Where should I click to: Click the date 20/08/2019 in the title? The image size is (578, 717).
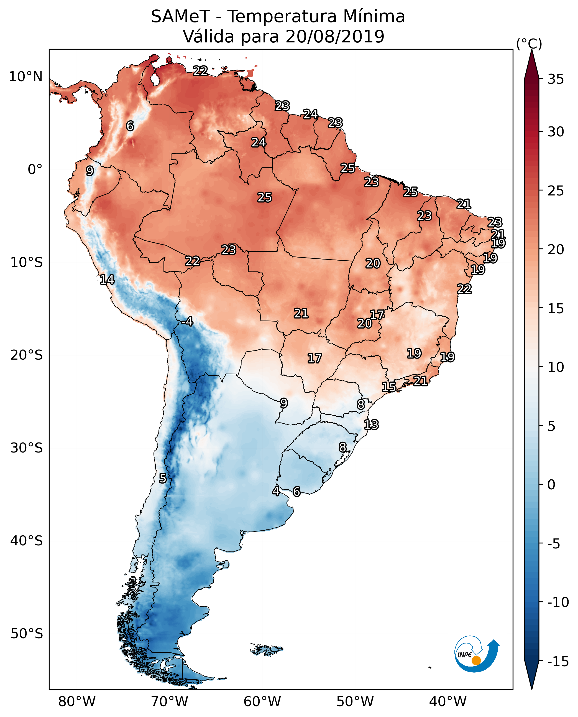(335, 37)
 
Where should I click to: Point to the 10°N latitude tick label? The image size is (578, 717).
(26, 77)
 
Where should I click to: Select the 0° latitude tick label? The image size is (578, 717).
(35, 170)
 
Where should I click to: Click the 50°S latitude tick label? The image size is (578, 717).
(27, 633)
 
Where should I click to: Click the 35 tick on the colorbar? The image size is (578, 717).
(556, 79)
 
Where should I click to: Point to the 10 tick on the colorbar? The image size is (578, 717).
(556, 367)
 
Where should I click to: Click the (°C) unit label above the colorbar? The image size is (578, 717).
(529, 44)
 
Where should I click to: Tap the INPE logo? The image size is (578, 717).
(477, 655)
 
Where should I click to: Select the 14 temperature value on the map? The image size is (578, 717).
(107, 279)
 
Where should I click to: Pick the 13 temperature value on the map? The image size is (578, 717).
(371, 425)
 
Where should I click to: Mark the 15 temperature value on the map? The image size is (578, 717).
(389, 387)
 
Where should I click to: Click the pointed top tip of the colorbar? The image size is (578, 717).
(532, 51)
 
